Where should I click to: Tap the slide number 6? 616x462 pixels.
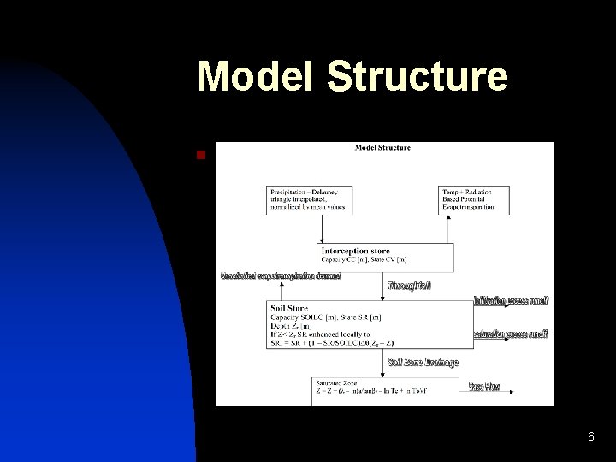(x=590, y=437)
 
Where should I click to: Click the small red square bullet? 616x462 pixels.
(x=200, y=155)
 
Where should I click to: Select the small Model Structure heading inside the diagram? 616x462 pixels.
(x=382, y=147)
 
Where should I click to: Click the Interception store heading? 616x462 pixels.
(x=355, y=251)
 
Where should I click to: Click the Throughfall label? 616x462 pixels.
(x=409, y=286)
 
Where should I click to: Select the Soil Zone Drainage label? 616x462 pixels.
(x=423, y=363)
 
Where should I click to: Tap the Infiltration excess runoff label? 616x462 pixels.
(x=511, y=300)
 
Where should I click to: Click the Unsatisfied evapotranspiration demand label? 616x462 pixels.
(x=281, y=275)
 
